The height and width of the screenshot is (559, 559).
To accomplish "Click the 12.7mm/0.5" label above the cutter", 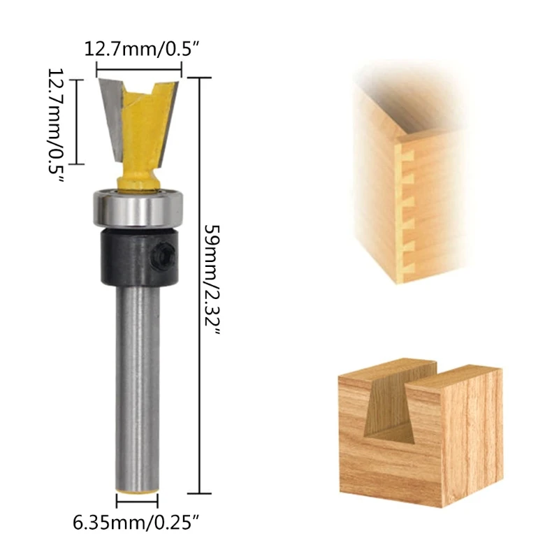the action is pos(141,49).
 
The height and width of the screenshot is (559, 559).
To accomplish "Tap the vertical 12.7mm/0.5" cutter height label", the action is pos(57,126).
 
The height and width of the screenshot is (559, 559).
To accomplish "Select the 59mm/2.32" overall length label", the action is pos(212,279).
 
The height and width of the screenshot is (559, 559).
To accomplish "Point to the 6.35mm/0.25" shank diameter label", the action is pos(136,523).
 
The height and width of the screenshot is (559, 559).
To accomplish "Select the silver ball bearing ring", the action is pos(138,208).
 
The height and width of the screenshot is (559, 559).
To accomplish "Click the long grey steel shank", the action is pos(137,388).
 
